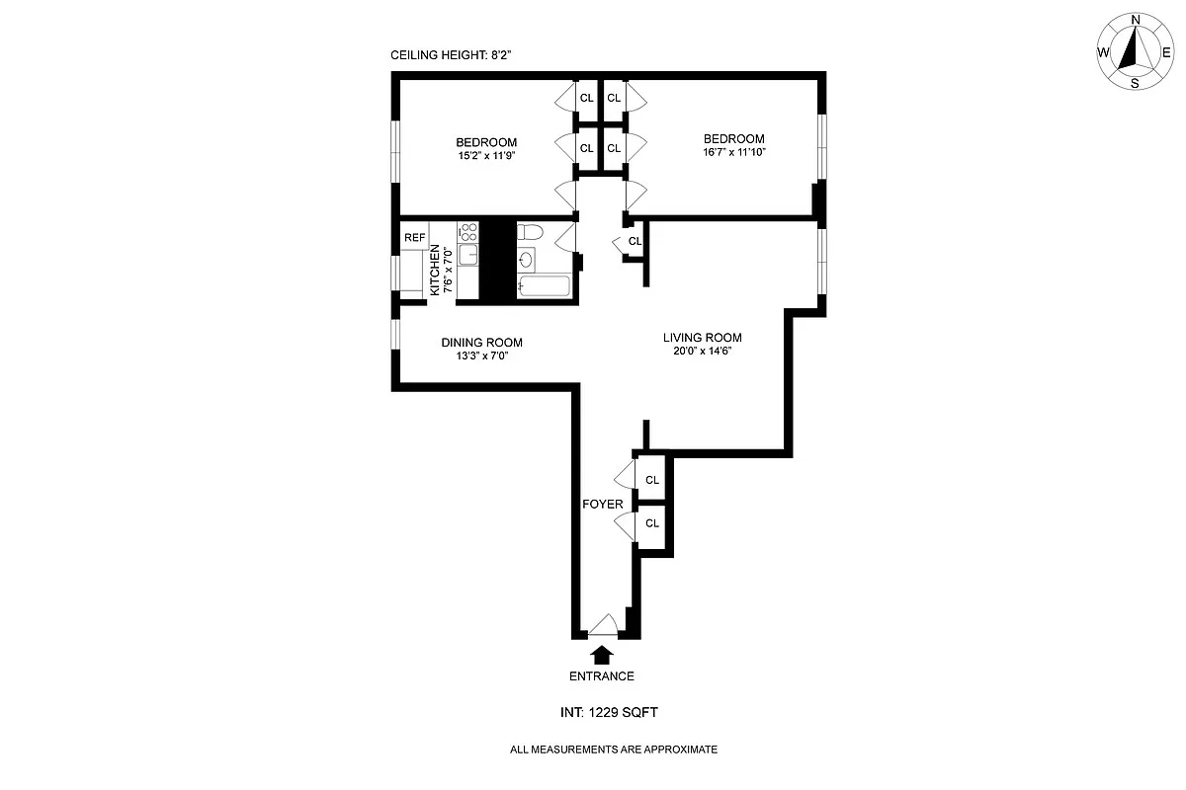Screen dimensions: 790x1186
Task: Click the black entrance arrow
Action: [601, 653]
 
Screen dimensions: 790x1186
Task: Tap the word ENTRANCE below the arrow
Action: [601, 676]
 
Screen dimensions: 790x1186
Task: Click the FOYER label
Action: [602, 504]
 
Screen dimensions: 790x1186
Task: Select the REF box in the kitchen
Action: [414, 238]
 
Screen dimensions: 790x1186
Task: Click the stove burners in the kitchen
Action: [468, 233]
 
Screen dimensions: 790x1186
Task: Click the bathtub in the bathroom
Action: [543, 288]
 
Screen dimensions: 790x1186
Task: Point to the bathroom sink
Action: [527, 261]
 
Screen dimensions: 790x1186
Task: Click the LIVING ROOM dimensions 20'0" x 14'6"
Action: [701, 351]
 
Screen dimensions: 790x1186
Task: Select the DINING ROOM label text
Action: [481, 343]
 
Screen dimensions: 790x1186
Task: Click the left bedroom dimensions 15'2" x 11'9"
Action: [486, 155]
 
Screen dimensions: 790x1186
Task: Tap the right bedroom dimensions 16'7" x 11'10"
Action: [733, 152]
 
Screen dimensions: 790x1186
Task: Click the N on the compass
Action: [1136, 20]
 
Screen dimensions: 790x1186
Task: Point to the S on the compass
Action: [1135, 84]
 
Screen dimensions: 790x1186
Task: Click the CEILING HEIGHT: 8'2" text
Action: [452, 57]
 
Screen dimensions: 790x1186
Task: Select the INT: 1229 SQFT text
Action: [601, 712]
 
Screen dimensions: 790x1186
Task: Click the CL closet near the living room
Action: [635, 241]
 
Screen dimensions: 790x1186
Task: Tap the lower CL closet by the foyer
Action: [651, 523]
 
